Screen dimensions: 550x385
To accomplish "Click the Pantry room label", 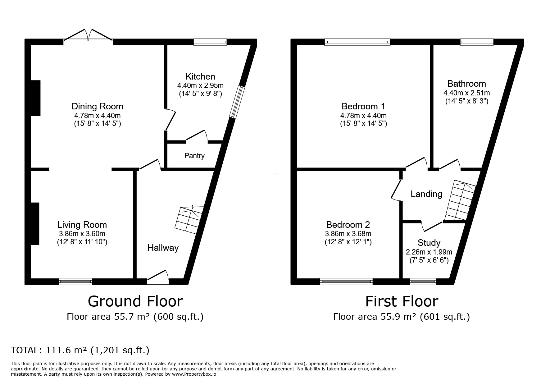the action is tap(194, 156).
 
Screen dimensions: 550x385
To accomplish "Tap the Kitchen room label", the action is tap(200, 76).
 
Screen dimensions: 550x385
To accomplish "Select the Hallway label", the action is tap(163, 248).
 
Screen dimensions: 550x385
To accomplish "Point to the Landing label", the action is tap(426, 194).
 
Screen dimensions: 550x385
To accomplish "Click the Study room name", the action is tap(429, 243).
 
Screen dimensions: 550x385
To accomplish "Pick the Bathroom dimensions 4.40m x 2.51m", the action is tap(466, 93).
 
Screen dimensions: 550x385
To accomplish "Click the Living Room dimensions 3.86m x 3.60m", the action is tap(82, 234).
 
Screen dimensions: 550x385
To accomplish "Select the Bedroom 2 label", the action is tap(348, 225).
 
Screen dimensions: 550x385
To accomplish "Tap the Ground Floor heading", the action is tap(135, 301).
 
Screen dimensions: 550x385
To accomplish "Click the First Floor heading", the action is tap(402, 301).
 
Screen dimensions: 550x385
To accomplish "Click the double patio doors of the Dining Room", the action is tap(88, 35).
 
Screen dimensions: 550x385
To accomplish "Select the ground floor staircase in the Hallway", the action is tap(189, 219).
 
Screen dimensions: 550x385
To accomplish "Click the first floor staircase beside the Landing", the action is tap(460, 200).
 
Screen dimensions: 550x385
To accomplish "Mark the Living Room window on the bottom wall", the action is tap(76, 281).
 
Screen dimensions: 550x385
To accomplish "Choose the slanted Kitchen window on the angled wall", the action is tap(237, 102).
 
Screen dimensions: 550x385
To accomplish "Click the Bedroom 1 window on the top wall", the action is tap(357, 42).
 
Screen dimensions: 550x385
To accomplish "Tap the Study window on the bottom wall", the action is tap(423, 282).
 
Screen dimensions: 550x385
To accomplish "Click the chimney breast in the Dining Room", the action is tap(36, 98).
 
